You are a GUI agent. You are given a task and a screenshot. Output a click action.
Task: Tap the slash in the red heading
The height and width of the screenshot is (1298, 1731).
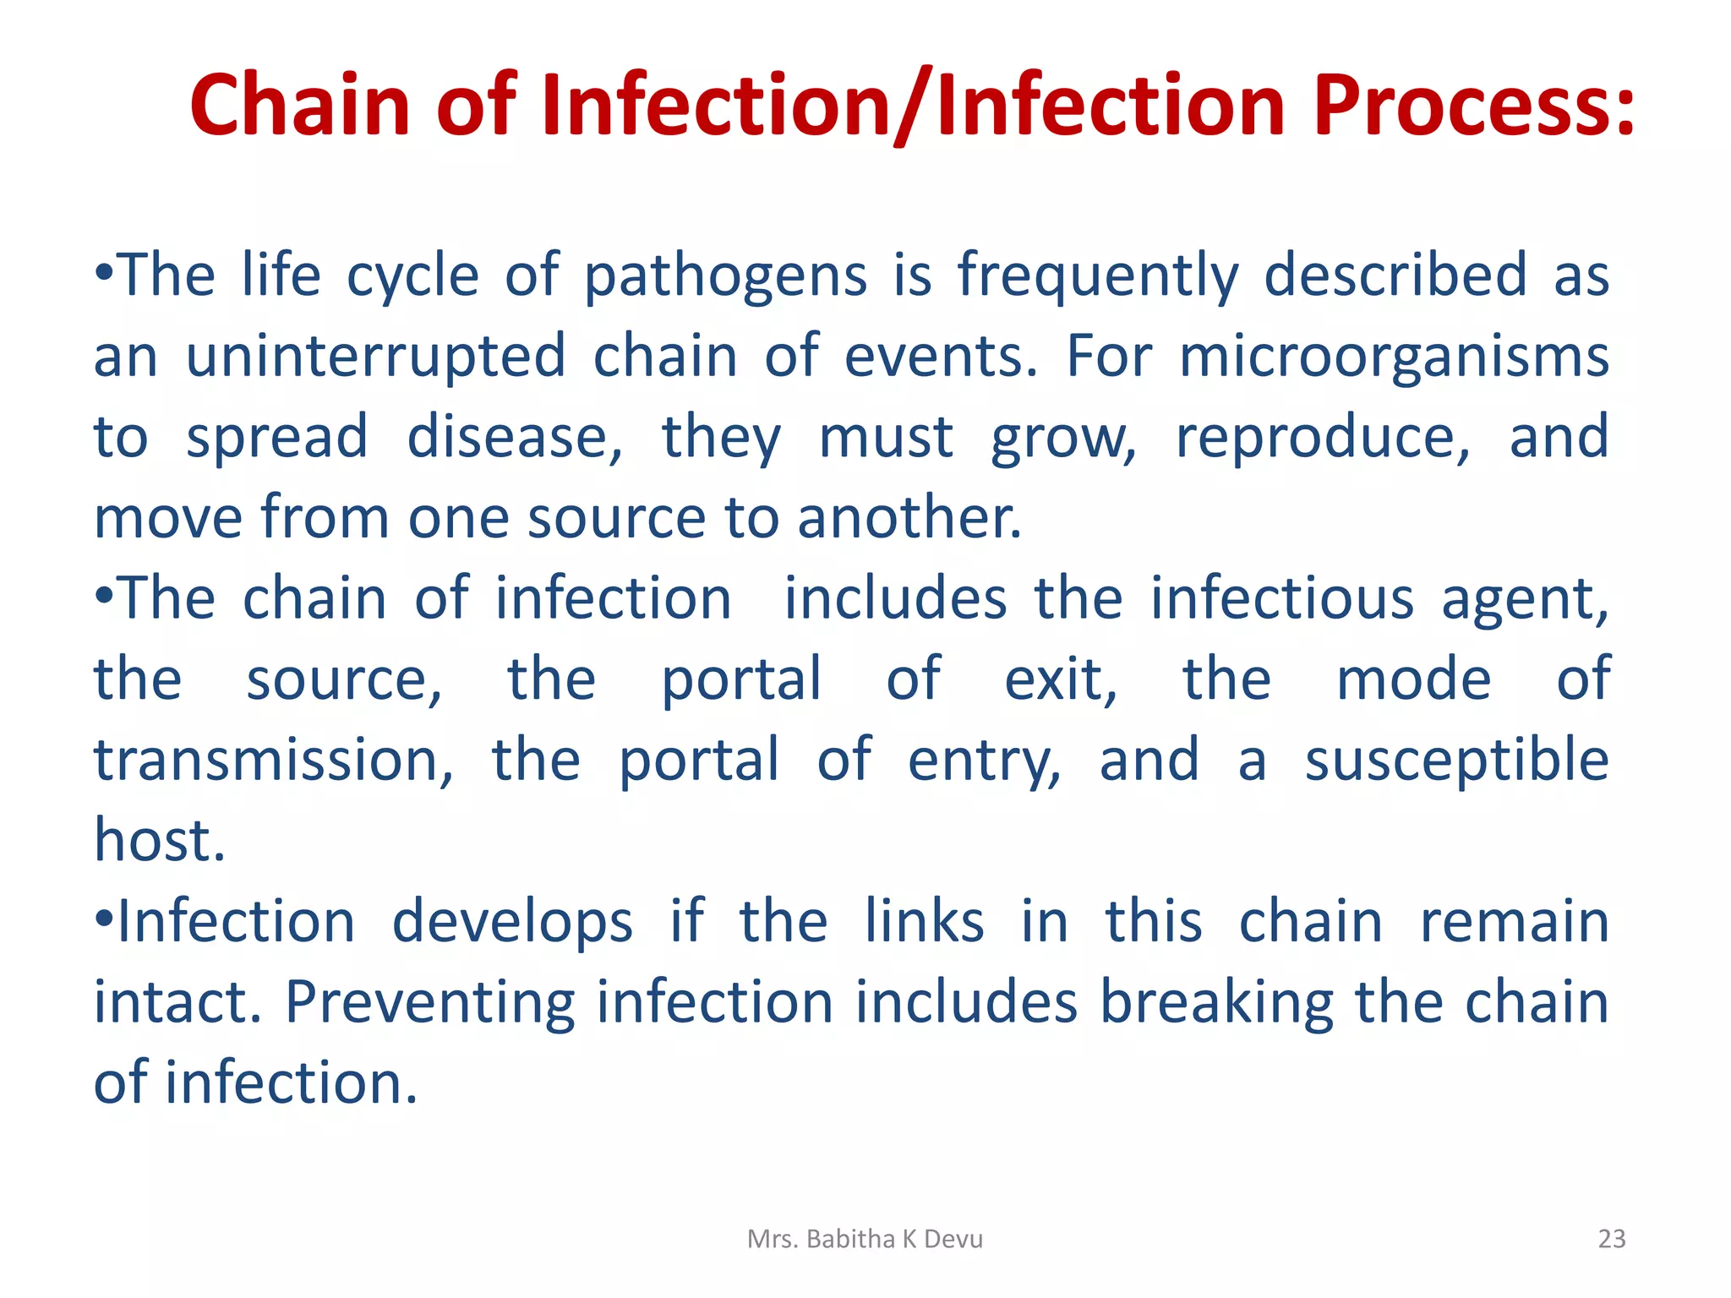click(x=912, y=106)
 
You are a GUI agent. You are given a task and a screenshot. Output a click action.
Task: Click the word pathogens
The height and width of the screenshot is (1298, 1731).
click(x=725, y=276)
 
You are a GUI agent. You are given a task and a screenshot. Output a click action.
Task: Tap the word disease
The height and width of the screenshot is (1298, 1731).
click(x=514, y=438)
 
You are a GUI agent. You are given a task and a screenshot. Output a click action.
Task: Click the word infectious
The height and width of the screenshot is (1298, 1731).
click(x=1281, y=599)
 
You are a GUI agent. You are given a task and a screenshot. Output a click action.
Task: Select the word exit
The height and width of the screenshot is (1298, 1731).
click(x=1060, y=679)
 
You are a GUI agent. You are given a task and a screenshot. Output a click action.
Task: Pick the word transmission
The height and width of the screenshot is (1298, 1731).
click(x=273, y=760)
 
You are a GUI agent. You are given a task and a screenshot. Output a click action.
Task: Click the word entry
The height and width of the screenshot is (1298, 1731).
click(x=984, y=760)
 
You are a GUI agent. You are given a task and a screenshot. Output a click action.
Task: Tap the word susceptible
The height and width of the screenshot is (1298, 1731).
click(x=1456, y=760)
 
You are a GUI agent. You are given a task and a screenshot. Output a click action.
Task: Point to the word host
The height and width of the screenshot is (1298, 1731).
click(x=159, y=841)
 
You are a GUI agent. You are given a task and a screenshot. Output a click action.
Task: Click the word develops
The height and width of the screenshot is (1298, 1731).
click(x=512, y=922)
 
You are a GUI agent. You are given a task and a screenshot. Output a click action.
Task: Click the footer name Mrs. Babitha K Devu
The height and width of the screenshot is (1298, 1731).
click(x=865, y=1239)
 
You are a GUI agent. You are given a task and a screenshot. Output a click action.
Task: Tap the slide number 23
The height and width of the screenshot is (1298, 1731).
click(x=1611, y=1239)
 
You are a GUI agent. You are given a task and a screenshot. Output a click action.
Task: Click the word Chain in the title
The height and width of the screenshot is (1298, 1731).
click(x=299, y=106)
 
